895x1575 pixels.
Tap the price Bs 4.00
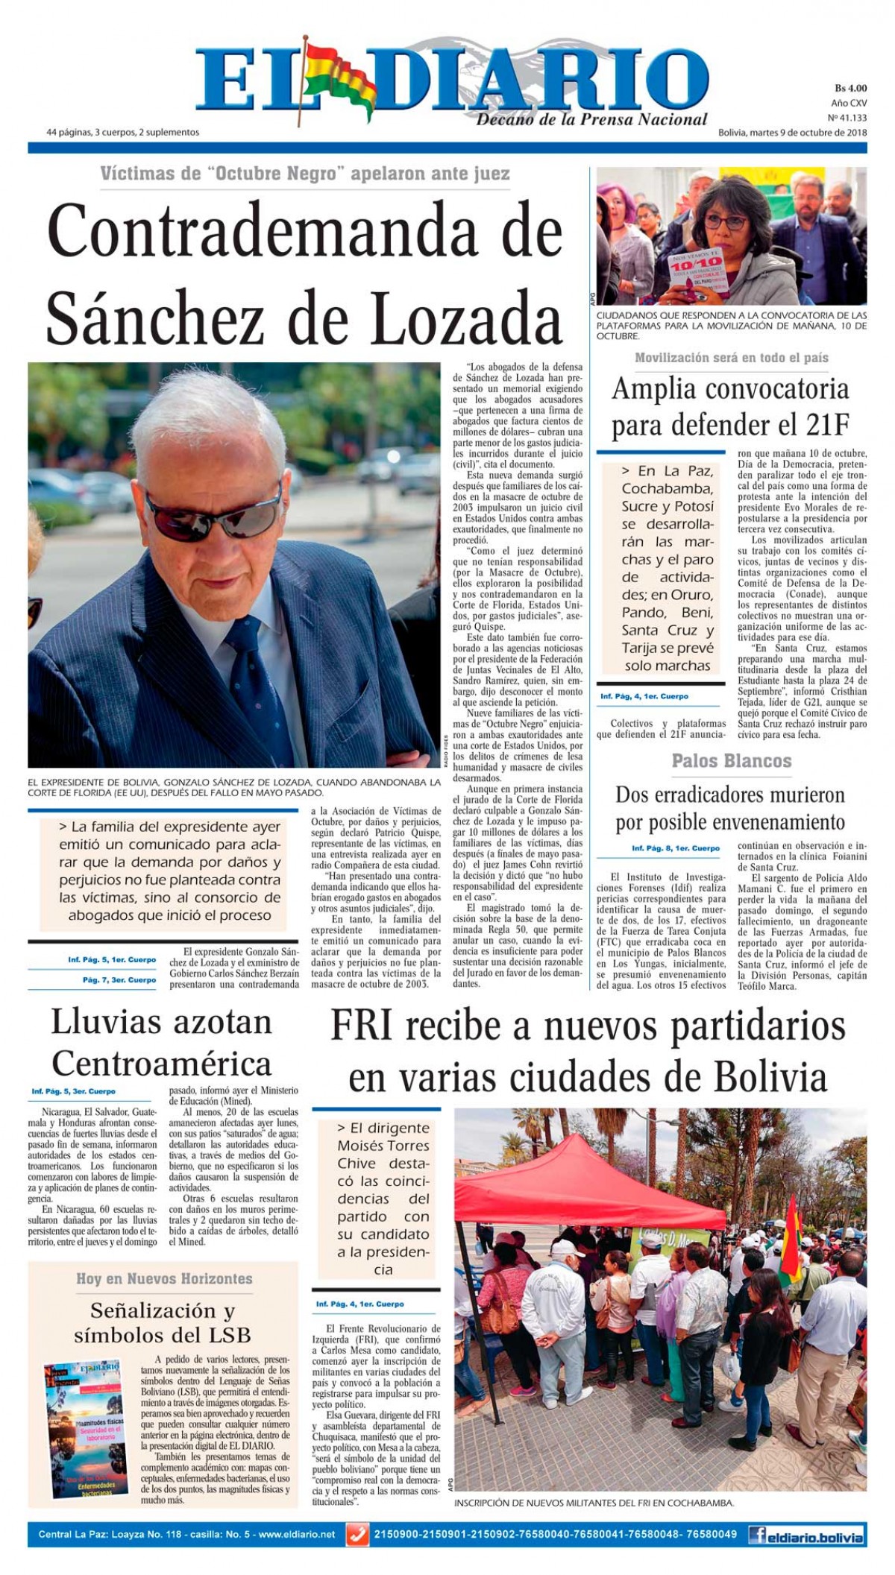[x=850, y=88]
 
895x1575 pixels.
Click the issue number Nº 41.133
[x=847, y=117]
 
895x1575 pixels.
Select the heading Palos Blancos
[x=731, y=760]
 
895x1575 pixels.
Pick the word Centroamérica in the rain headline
[x=161, y=1063]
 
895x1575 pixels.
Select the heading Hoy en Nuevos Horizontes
[x=164, y=1278]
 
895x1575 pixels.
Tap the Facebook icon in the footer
[x=759, y=1535]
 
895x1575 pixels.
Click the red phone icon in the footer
[x=358, y=1535]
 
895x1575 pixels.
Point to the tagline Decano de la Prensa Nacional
[x=591, y=119]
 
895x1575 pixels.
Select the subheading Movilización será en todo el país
[x=731, y=358]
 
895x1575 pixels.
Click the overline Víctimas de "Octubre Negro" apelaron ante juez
[x=305, y=174]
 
